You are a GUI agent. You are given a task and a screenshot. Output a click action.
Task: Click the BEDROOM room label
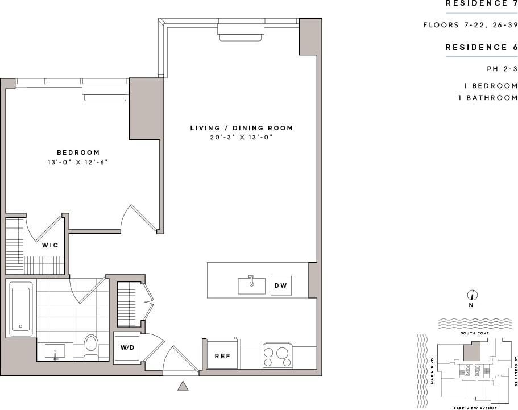point(78,152)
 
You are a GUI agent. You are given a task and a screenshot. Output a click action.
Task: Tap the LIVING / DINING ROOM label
point(242,128)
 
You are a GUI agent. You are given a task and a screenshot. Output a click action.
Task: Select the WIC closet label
point(50,245)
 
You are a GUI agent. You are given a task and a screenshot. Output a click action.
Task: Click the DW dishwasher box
point(281,285)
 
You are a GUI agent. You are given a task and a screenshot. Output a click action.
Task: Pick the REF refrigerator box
point(222,356)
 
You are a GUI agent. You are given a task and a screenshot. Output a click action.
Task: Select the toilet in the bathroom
point(91,347)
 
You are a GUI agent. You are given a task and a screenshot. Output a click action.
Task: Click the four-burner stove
point(277,355)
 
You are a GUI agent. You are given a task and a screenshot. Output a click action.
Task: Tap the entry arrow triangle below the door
point(183,386)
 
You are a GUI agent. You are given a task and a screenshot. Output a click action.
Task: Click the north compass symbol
point(472,295)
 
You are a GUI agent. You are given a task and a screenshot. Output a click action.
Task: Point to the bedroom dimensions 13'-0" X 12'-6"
point(78,163)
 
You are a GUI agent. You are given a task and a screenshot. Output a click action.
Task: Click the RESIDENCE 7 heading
point(481,4)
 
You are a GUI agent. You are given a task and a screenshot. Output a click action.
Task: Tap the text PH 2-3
point(502,69)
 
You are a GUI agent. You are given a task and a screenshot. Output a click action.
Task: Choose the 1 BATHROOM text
point(488,98)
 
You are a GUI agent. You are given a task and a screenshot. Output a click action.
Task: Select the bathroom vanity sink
point(55,351)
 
